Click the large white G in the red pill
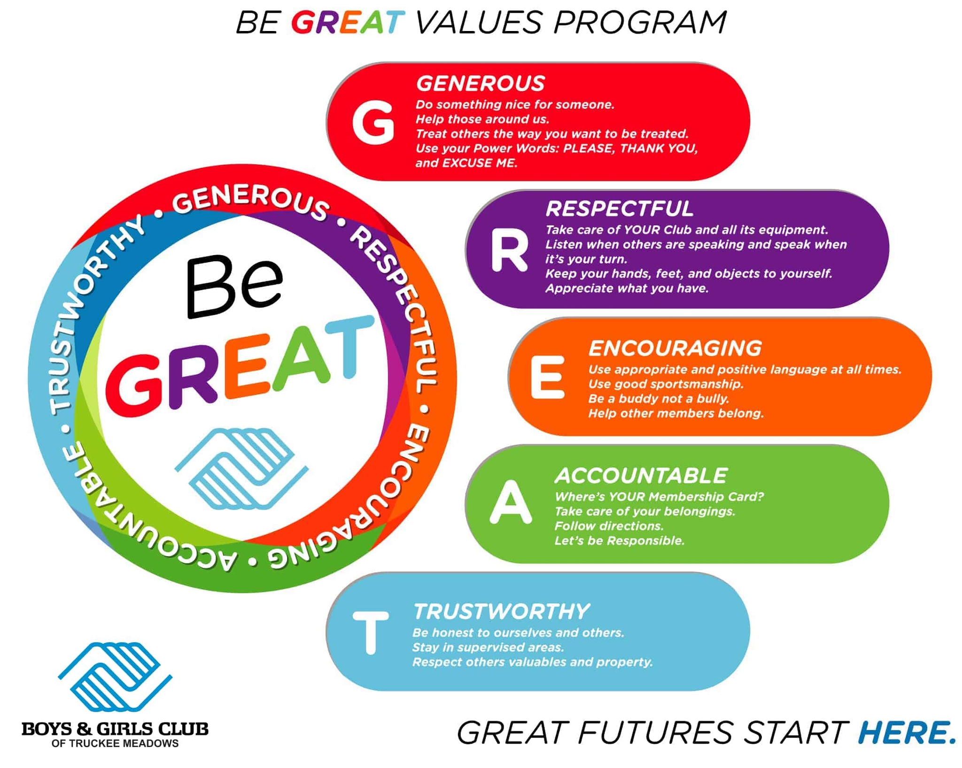pos(373,123)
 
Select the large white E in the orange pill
pos(547,377)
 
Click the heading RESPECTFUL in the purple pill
pos(619,209)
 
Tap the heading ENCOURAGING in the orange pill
pos(675,348)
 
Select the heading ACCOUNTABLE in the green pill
pos(641,475)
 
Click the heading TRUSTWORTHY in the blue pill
pos(501,611)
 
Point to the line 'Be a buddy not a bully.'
pos(658,399)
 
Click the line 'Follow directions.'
pos(609,526)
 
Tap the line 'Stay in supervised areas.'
pos(488,647)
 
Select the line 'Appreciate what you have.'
pos(627,288)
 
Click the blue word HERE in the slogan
pos(906,732)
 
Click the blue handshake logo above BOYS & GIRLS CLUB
pos(115,676)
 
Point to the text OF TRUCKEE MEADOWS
pos(115,743)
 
